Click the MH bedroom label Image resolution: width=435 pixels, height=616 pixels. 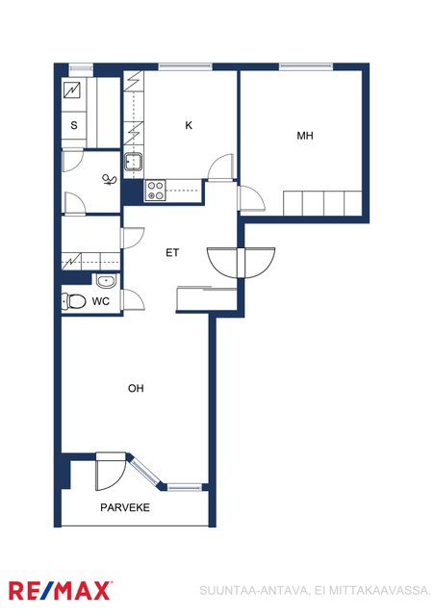tap(305, 136)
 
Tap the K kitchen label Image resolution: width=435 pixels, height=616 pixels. tap(189, 125)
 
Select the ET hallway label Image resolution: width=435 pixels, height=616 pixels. tap(172, 252)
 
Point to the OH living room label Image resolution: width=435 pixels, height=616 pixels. tap(136, 388)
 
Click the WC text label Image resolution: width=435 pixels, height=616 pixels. tap(101, 301)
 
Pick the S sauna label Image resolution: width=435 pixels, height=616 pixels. tap(74, 125)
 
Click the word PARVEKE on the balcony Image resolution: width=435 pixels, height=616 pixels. tap(125, 507)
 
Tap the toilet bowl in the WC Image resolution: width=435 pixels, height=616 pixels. tap(74, 301)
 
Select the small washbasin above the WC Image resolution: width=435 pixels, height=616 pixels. tap(105, 281)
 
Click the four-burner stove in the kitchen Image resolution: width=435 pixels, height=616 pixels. tap(155, 191)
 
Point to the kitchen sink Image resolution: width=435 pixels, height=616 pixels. tap(133, 162)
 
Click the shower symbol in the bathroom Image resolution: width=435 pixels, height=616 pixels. tap(110, 180)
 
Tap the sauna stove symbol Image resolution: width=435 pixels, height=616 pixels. tap(72, 90)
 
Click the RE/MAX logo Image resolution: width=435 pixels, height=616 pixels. tap(60, 590)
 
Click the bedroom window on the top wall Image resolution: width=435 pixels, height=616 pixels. tap(306, 66)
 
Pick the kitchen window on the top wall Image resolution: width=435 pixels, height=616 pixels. tap(186, 66)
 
